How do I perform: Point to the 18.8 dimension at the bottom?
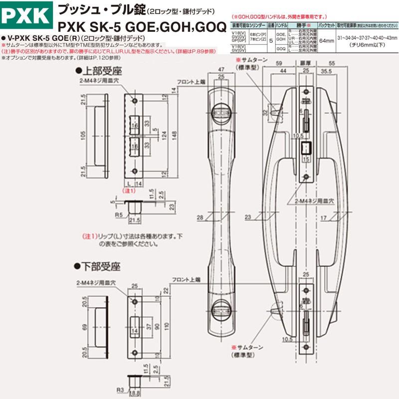[x=135, y=393]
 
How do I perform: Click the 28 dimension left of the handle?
[x=200, y=216]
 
